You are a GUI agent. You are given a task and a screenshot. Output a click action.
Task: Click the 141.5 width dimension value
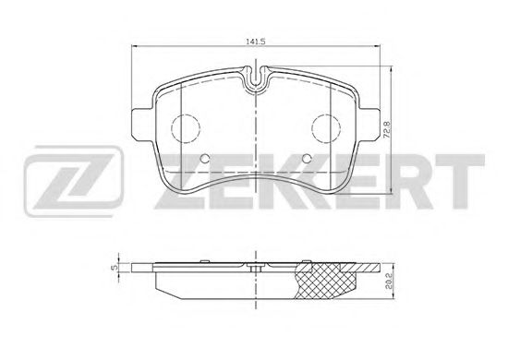click(x=254, y=42)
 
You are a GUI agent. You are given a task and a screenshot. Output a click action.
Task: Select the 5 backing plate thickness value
click(x=113, y=270)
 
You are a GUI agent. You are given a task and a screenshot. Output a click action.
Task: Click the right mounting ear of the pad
click(x=371, y=123)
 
